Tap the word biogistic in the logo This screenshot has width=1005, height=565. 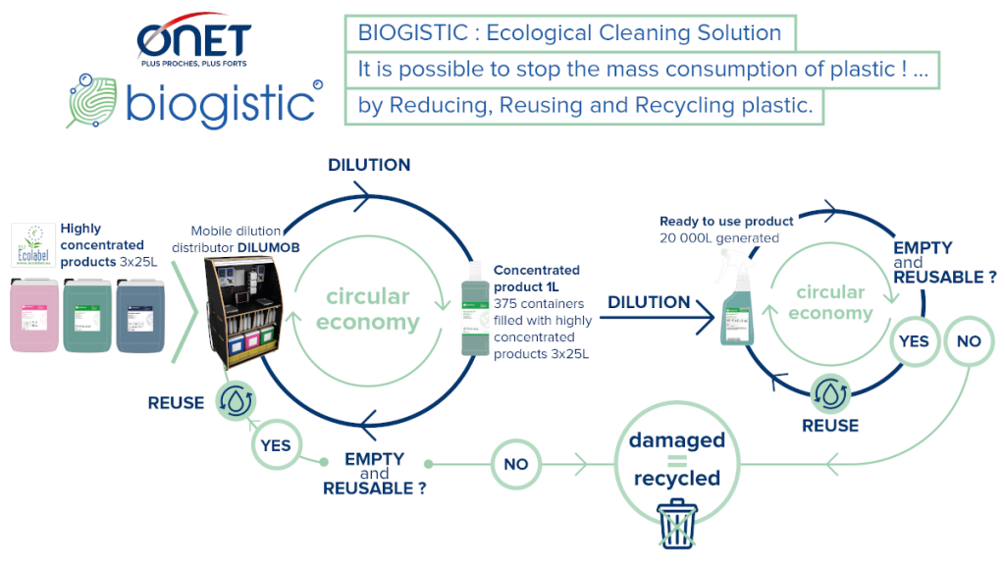coord(219,103)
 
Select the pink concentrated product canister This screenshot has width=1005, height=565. coord(33,315)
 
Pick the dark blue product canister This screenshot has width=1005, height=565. coord(141,315)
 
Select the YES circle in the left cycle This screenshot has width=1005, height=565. coord(276,445)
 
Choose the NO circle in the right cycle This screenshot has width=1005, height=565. coord(968,341)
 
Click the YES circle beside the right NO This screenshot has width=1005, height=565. coord(914,341)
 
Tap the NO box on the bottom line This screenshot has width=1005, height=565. coord(516,464)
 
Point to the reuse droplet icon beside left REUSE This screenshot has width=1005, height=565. coord(236,400)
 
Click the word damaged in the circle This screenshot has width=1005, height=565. coord(676,440)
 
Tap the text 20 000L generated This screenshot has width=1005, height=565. coord(719,237)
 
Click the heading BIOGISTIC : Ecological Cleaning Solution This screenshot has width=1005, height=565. coord(569,33)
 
